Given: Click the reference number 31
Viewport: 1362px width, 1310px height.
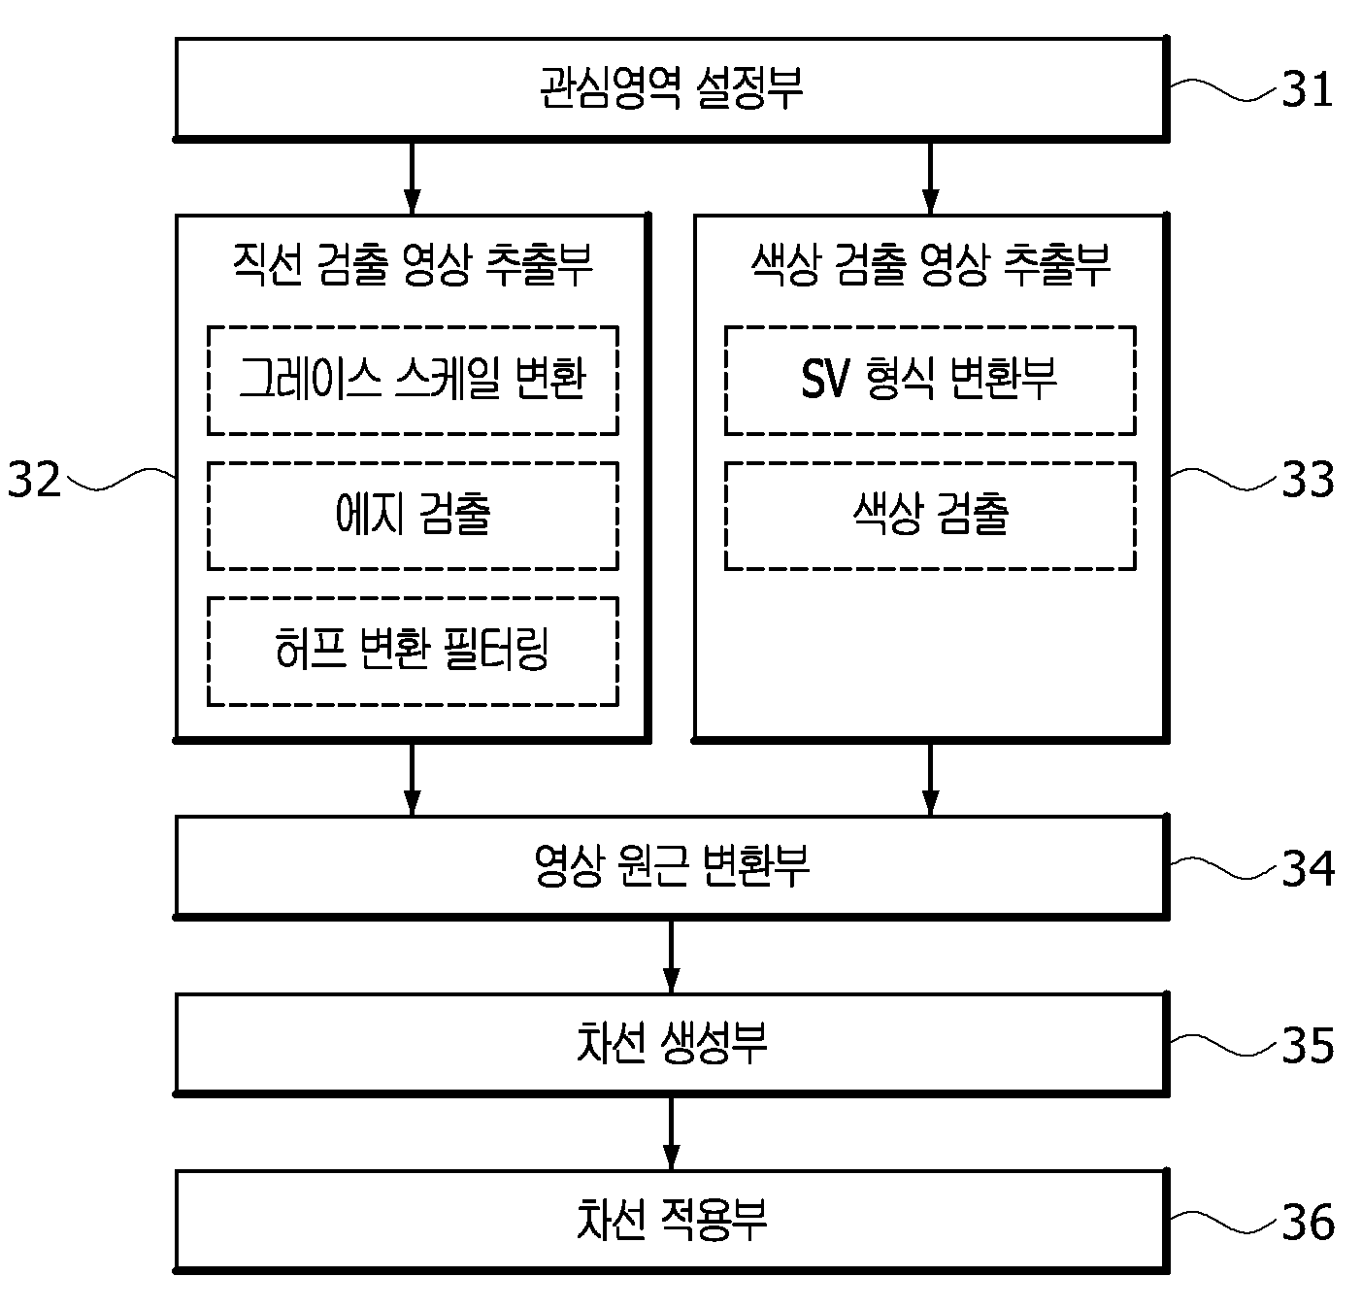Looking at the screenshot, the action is pos(1307,89).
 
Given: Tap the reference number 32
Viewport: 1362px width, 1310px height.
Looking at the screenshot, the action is pos(34,480).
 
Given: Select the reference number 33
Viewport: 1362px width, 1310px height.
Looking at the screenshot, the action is pos(1308,480).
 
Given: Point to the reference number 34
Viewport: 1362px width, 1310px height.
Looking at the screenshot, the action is pos(1308,869).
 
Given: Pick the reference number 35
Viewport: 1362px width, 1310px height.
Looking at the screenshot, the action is pos(1308,1046).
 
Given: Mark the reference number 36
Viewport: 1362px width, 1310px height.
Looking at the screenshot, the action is pos(1308,1224).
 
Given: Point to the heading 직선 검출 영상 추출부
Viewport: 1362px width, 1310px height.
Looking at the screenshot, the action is pos(413,265).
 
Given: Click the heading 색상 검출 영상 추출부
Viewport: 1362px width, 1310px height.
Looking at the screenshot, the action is pos(930,265).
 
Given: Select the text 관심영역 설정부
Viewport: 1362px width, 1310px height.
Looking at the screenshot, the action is pos(671,87).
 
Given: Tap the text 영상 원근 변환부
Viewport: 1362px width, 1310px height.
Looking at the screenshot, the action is pos(671,866).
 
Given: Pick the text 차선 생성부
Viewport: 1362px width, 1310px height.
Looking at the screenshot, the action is pos(671,1043).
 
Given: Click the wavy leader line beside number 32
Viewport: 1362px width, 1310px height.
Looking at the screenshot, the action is pos(120,479).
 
